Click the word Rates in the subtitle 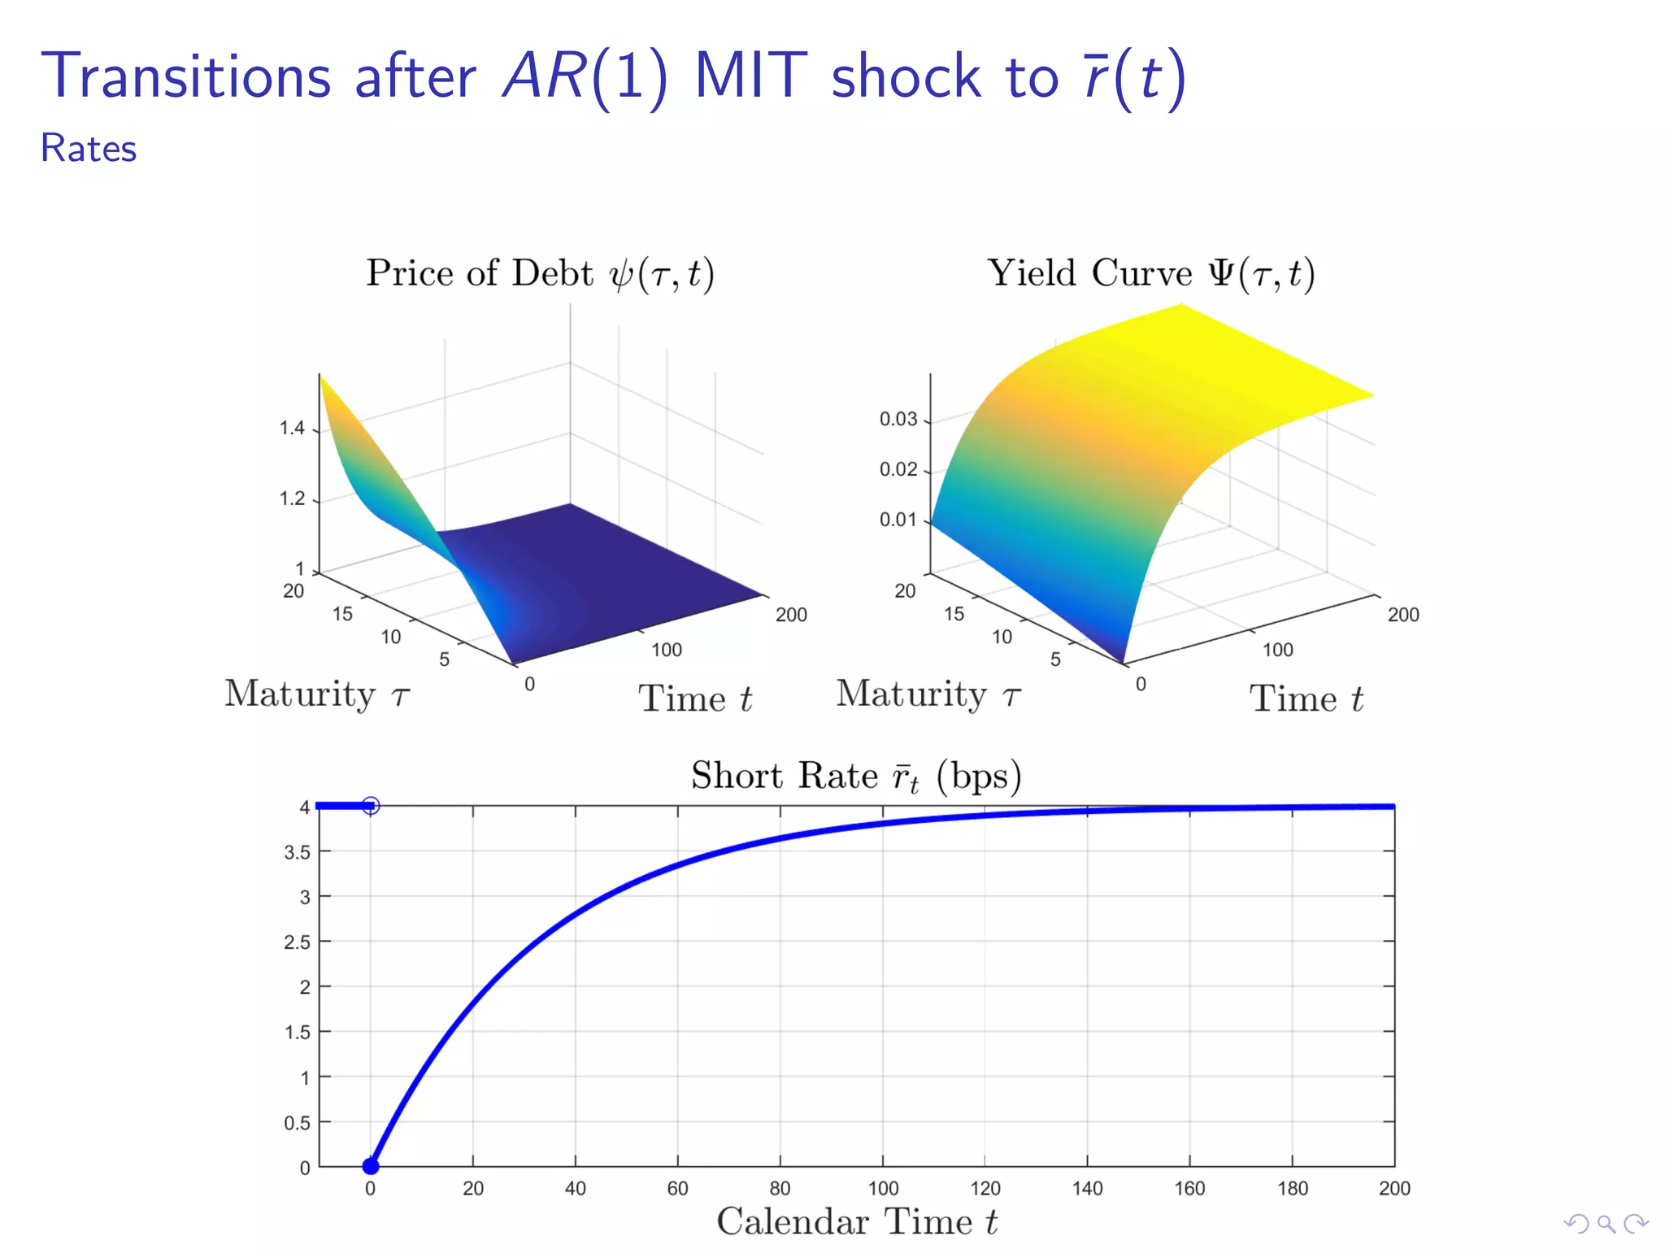click(x=89, y=149)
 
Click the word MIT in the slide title click(x=750, y=77)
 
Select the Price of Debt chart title click(x=540, y=273)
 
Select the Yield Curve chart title click(x=1150, y=273)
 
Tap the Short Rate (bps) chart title click(x=855, y=776)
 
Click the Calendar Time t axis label click(x=857, y=1222)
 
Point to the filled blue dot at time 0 click(x=371, y=1166)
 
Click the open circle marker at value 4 click(x=371, y=806)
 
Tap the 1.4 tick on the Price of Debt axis click(x=292, y=429)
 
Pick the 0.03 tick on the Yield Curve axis click(x=898, y=420)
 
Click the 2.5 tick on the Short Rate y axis click(x=297, y=942)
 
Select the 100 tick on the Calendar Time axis click(x=883, y=1189)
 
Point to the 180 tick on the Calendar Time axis click(x=1293, y=1189)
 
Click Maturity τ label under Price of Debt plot click(x=317, y=694)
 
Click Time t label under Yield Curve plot click(x=1306, y=699)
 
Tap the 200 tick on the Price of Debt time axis click(x=791, y=615)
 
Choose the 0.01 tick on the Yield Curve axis click(x=898, y=520)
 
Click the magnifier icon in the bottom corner click(x=1606, y=1223)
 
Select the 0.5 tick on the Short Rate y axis click(x=297, y=1123)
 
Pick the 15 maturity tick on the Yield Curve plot click(x=954, y=614)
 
